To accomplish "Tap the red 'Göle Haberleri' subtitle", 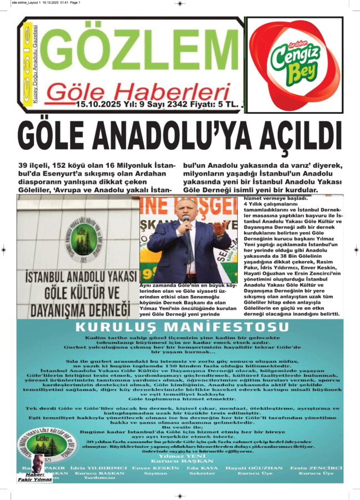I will point(138,91).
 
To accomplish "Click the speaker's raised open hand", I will point(220,227).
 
